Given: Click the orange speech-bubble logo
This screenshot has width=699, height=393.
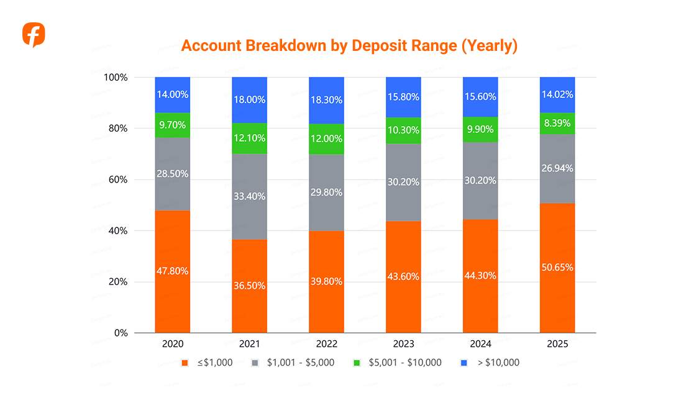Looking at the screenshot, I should click(x=34, y=35).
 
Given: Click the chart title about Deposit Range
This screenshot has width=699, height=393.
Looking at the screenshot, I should click(x=349, y=46).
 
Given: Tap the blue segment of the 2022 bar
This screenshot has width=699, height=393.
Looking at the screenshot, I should click(x=326, y=100).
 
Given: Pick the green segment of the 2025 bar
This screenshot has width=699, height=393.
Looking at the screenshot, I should click(x=557, y=123).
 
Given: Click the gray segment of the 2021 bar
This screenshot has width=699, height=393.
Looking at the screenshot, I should click(x=249, y=196).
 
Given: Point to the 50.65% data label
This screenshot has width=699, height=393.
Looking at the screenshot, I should click(x=557, y=268).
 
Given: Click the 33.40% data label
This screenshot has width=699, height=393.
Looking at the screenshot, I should click(x=249, y=196).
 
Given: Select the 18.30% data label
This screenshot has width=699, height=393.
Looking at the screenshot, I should click(x=326, y=99).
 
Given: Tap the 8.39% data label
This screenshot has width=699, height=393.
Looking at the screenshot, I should click(x=557, y=123).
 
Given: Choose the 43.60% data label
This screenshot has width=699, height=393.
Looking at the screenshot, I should click(x=403, y=276).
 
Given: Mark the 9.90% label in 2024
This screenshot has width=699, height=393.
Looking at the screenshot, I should click(x=480, y=129).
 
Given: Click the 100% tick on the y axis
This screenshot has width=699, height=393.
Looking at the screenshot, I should click(x=116, y=78).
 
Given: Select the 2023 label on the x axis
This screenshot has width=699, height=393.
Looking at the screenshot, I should click(x=403, y=344).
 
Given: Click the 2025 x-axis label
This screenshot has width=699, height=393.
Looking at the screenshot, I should click(x=557, y=344).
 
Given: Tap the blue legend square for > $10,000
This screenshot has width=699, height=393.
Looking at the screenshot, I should click(x=464, y=363).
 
